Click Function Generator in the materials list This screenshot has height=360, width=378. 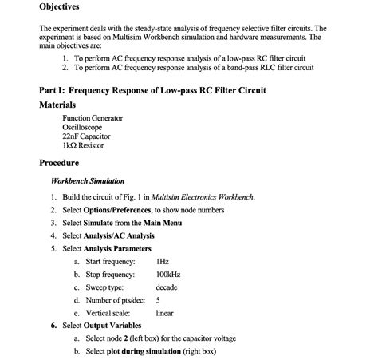click(93, 118)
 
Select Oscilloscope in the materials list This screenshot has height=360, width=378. click(82, 127)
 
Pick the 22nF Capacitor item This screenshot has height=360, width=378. click(87, 136)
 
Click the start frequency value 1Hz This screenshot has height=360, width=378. click(163, 262)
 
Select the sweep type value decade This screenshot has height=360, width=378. click(167, 287)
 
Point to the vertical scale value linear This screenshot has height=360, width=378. click(165, 313)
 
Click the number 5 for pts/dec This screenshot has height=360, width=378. click(158, 300)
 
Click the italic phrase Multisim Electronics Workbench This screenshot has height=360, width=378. click(203, 197)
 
